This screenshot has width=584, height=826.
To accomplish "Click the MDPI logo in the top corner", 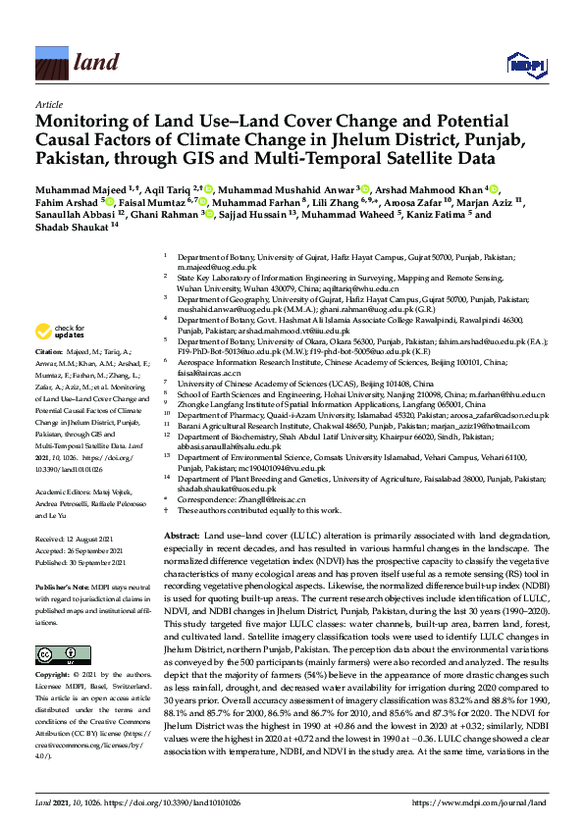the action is click(527, 60).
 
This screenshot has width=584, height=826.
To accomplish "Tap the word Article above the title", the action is click(48, 103).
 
